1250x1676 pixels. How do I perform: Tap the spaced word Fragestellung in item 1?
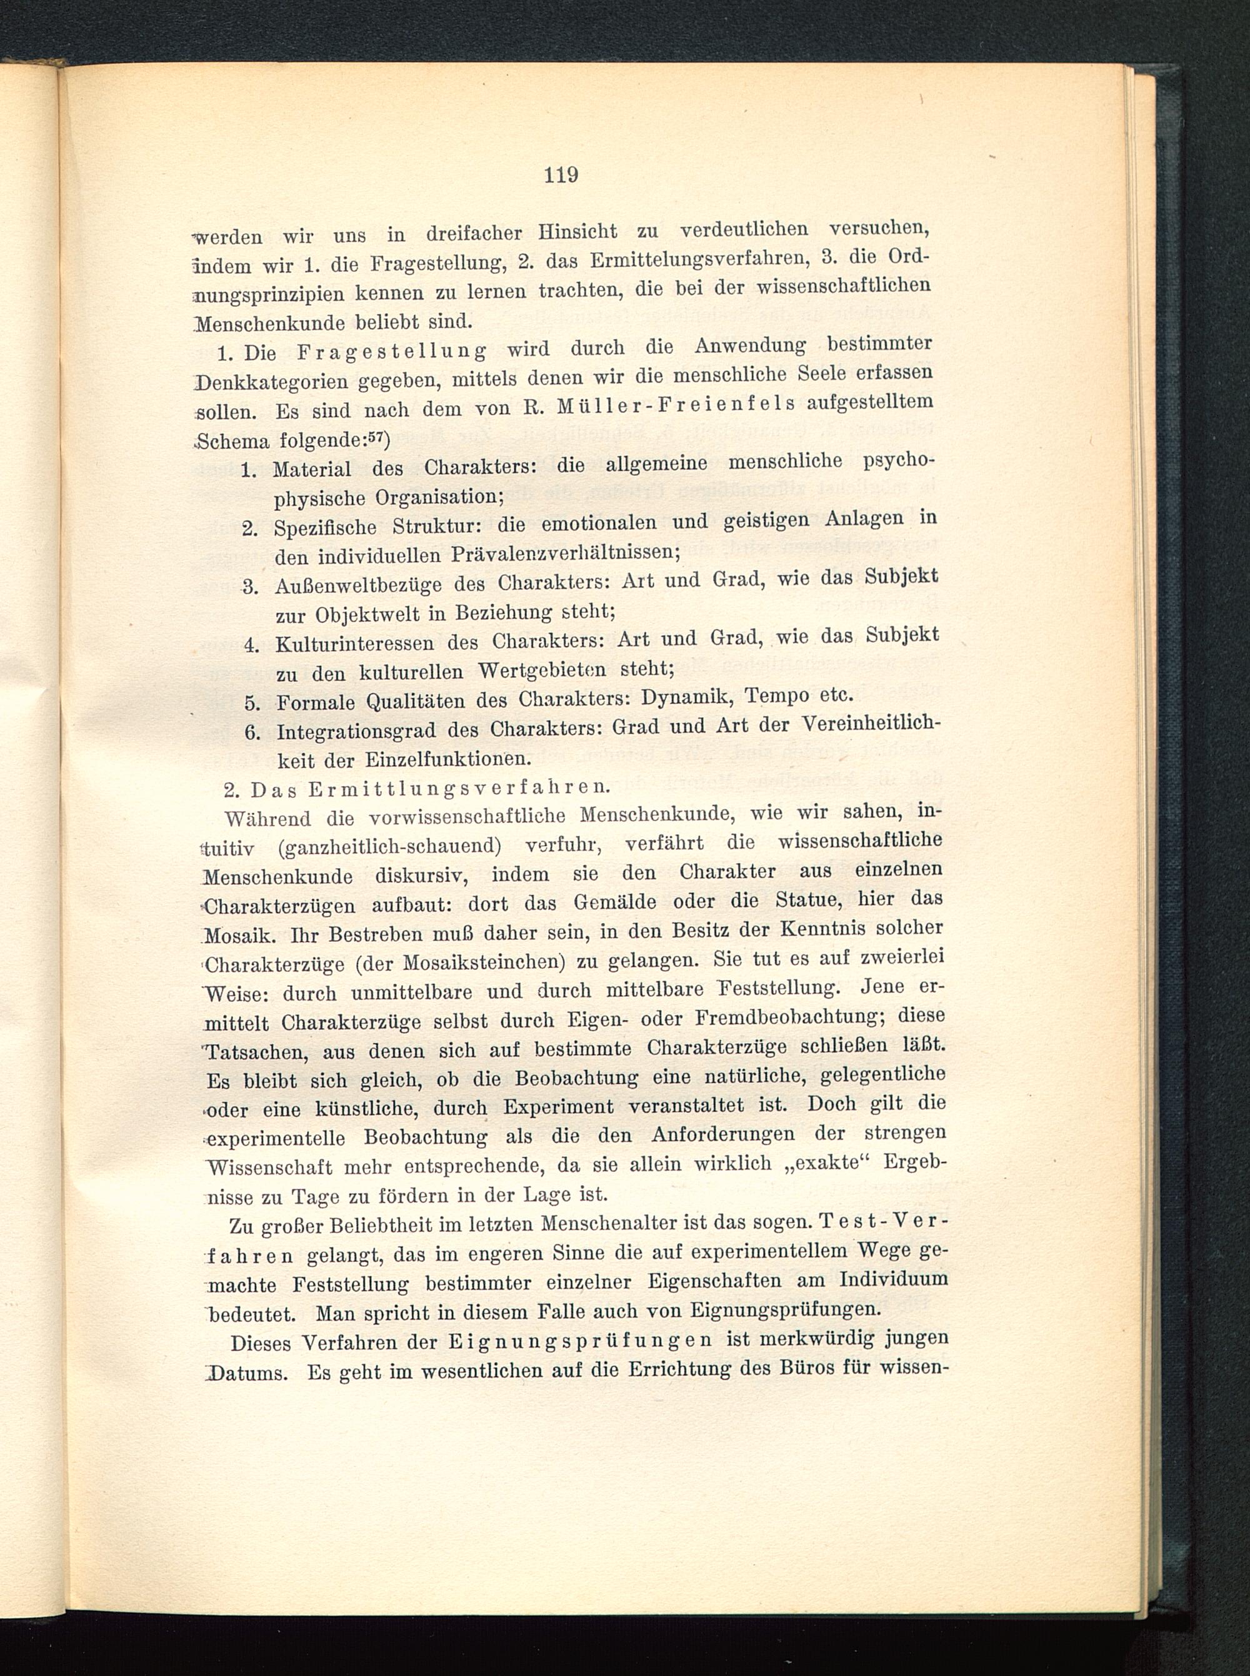click(x=392, y=351)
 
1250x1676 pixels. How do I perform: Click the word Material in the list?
click(x=312, y=468)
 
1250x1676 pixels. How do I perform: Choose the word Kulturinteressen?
click(x=356, y=644)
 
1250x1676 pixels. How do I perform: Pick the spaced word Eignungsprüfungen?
click(x=579, y=1340)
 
